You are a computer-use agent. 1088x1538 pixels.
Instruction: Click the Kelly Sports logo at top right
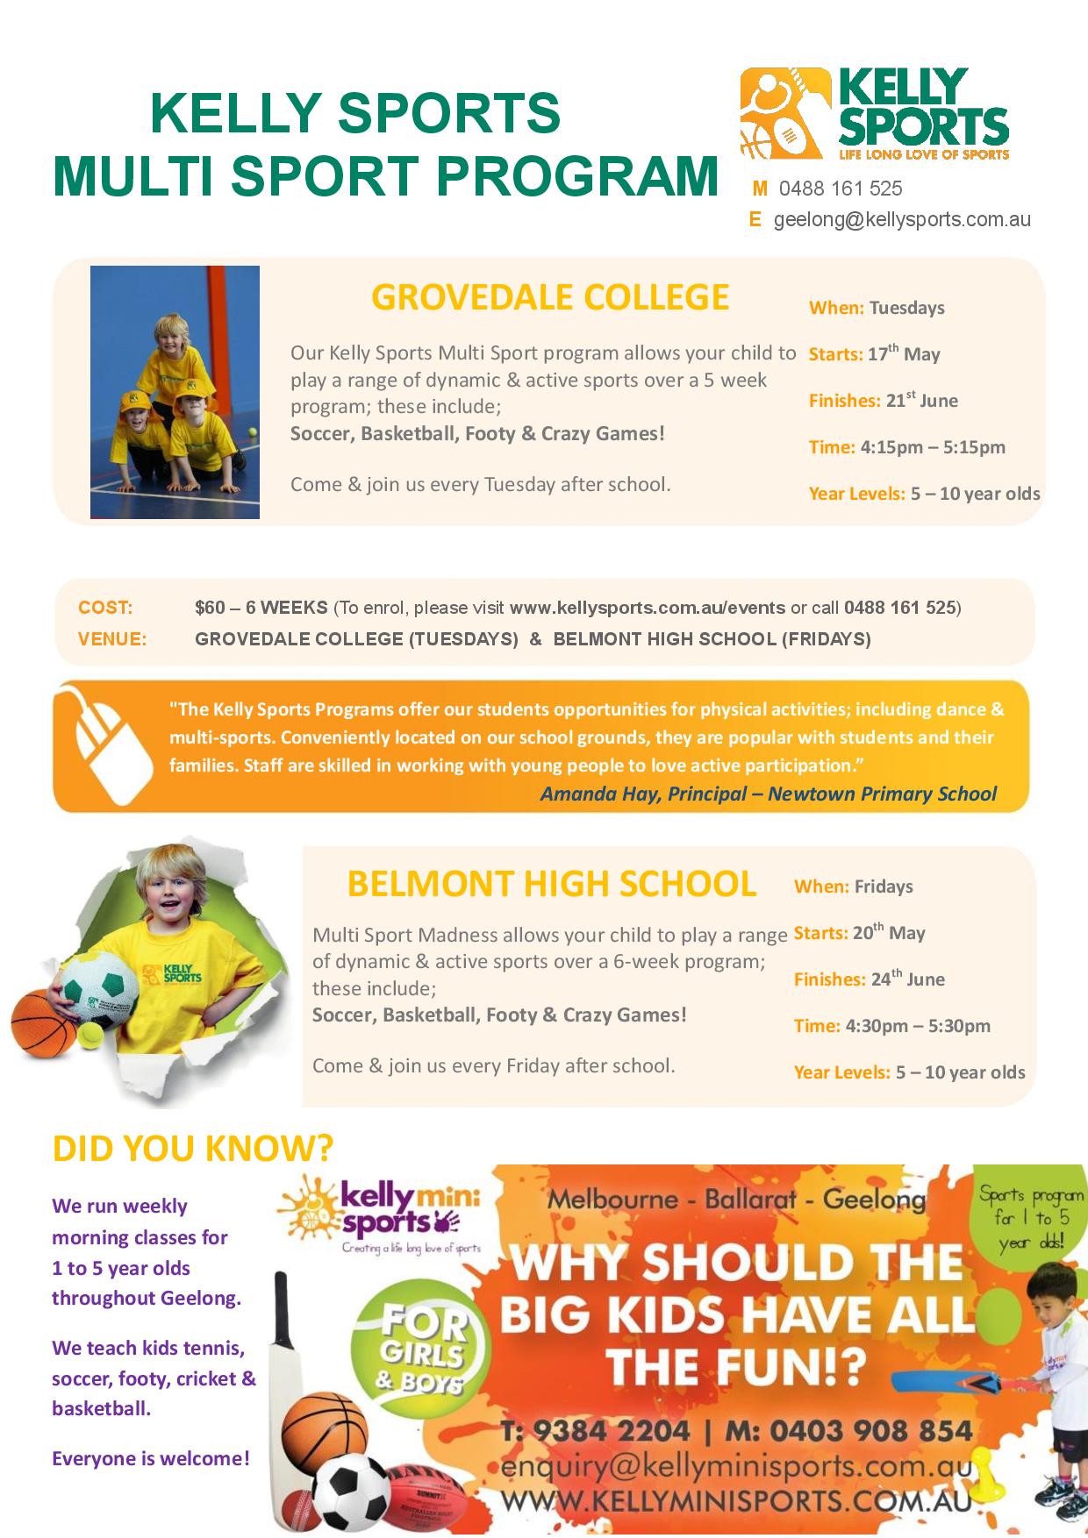click(874, 114)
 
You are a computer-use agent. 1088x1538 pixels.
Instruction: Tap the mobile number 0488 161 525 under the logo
click(840, 189)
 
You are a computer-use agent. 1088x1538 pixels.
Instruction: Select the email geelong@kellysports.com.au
click(901, 219)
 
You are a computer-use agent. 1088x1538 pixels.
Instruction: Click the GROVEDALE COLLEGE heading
click(550, 297)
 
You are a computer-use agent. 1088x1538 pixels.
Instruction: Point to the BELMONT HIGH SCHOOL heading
click(552, 883)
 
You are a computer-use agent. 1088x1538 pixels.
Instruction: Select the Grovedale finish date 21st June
click(921, 401)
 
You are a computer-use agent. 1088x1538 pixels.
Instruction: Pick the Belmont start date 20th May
click(889, 933)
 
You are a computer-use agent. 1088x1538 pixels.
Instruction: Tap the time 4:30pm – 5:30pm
click(917, 1026)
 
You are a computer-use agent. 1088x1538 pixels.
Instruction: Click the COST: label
click(105, 608)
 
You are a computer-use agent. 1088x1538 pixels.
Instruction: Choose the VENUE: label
click(111, 639)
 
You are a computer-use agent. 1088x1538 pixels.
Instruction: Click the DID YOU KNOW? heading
click(193, 1148)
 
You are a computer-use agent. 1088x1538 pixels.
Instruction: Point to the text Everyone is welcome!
click(151, 1459)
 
